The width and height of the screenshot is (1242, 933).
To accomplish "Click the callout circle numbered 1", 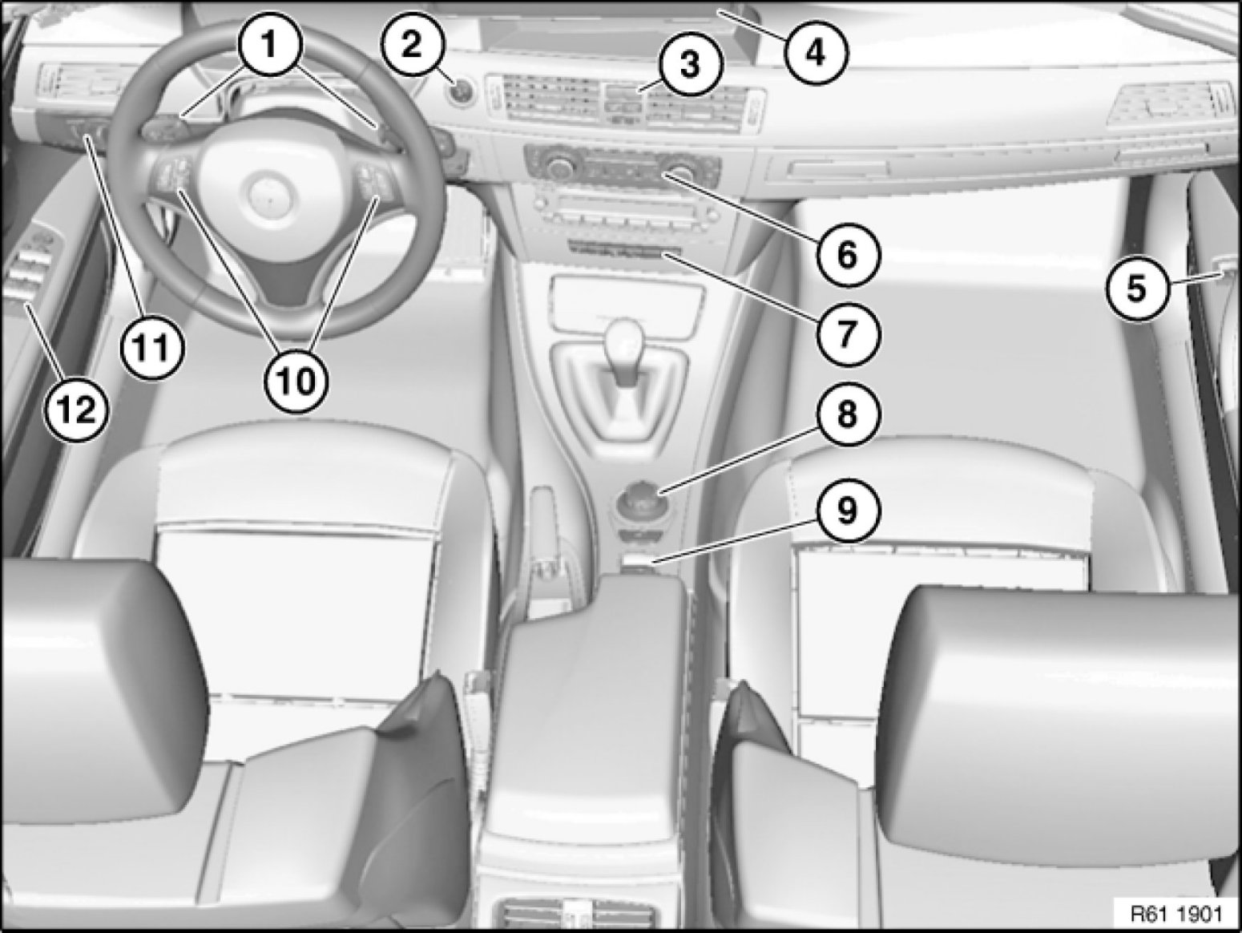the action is pyautogui.click(x=270, y=44).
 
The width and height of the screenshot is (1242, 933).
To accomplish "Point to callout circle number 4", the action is pyautogui.click(x=816, y=53).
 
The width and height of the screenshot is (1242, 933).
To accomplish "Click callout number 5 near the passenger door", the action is pyautogui.click(x=1137, y=288).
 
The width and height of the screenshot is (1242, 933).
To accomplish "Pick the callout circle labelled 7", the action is pyautogui.click(x=846, y=333).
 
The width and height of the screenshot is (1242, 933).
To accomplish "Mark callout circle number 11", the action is pyautogui.click(x=152, y=346).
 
